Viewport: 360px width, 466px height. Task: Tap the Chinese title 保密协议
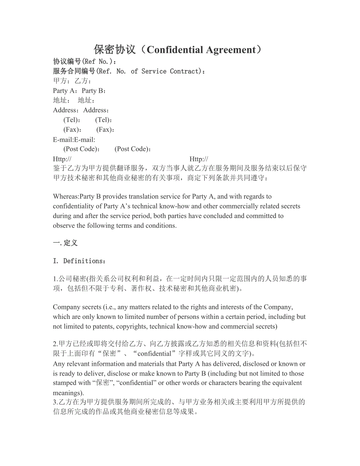(115, 50)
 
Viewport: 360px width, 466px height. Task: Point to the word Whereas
(65, 196)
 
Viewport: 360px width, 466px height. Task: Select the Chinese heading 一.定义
(65, 243)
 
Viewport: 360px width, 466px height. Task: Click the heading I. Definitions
(79, 261)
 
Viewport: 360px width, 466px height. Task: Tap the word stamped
(64, 383)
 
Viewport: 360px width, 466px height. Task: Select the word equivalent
(288, 383)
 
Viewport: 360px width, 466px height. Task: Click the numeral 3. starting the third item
(55, 402)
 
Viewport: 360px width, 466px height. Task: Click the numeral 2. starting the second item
(55, 344)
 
